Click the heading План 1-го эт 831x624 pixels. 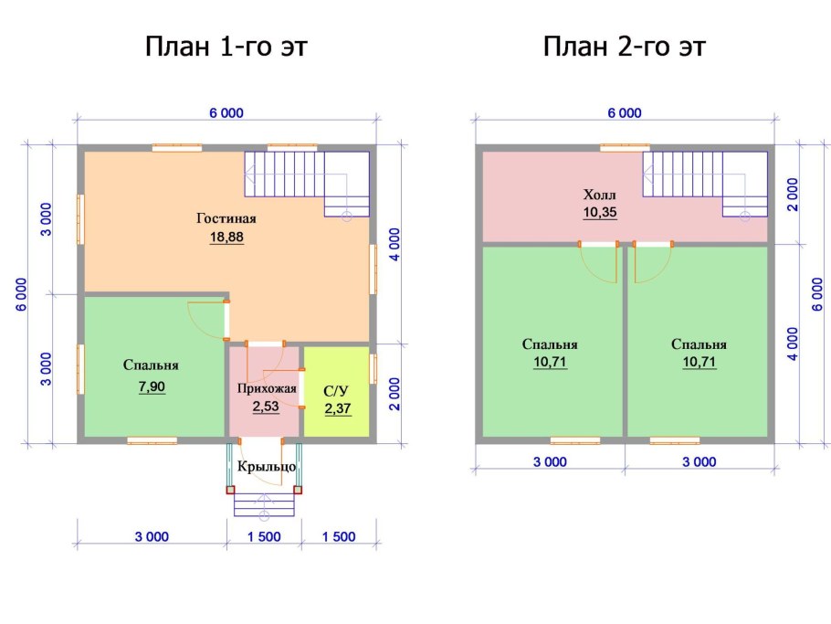(226, 47)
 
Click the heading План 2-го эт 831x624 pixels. (625, 47)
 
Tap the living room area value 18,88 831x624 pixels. (226, 237)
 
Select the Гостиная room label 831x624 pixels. (226, 218)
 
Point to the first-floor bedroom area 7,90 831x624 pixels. (153, 386)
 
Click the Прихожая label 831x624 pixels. (267, 388)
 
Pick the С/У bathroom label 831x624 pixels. (336, 391)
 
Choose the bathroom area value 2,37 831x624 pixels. (338, 408)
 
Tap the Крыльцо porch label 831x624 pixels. (267, 467)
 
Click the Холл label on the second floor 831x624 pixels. (599, 194)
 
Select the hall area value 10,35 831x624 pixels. (600, 212)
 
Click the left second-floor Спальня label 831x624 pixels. (550, 344)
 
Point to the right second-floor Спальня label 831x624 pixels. (699, 344)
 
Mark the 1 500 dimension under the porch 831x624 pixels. (264, 536)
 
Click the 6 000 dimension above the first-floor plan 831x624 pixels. (226, 113)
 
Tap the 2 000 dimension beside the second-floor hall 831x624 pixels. (793, 194)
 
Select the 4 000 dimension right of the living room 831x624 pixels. (394, 245)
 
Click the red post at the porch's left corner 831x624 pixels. (230, 490)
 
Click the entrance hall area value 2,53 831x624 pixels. (266, 407)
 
